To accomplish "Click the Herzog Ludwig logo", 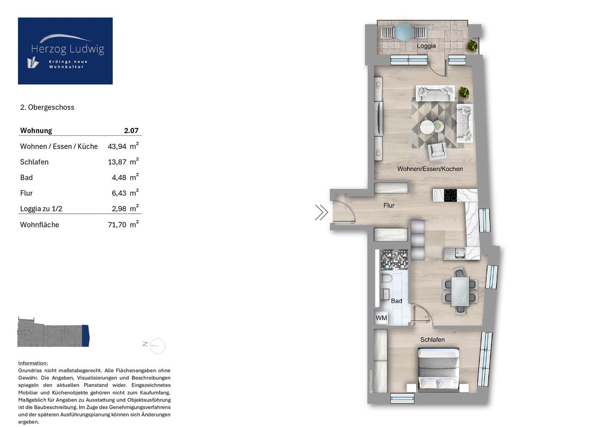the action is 65,51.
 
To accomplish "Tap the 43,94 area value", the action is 117,146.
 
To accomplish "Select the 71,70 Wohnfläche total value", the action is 117,225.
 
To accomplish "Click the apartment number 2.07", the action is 131,131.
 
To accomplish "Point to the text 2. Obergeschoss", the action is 47,107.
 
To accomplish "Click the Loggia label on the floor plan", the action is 426,46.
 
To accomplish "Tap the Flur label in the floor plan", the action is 389,205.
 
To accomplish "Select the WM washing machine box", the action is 381,318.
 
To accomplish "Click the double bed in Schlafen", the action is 438,368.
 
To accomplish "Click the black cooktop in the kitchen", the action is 450,195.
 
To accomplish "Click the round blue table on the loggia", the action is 404,32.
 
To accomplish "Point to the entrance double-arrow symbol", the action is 322,212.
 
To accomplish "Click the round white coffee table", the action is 427,127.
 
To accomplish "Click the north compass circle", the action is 158,346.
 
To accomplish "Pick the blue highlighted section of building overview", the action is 85,335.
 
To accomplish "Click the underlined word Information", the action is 33,363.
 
